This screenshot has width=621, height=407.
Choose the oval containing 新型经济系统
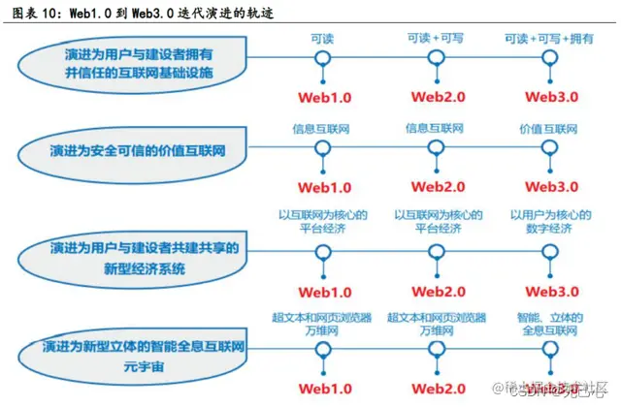[x=137, y=258]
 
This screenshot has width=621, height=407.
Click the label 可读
[x=323, y=37]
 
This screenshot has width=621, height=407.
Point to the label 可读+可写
[x=437, y=37]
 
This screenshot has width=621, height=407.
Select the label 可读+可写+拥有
[x=549, y=37]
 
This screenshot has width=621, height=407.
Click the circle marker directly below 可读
[x=323, y=58]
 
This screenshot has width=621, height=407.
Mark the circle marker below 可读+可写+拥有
[x=550, y=58]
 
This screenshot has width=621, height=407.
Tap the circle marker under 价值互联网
[x=550, y=148]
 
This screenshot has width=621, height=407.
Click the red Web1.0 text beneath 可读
[x=323, y=97]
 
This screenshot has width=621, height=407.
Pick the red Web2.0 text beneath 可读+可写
[x=437, y=97]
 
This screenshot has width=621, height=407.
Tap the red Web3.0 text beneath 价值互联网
[x=550, y=186]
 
